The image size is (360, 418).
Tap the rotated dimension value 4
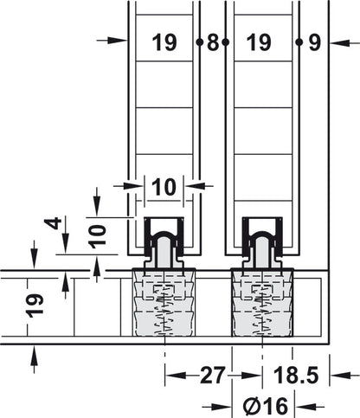point(55,228)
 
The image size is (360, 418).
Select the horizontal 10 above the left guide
point(163,186)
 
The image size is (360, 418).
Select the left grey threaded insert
point(164,303)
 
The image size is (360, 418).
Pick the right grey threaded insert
point(262,303)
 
